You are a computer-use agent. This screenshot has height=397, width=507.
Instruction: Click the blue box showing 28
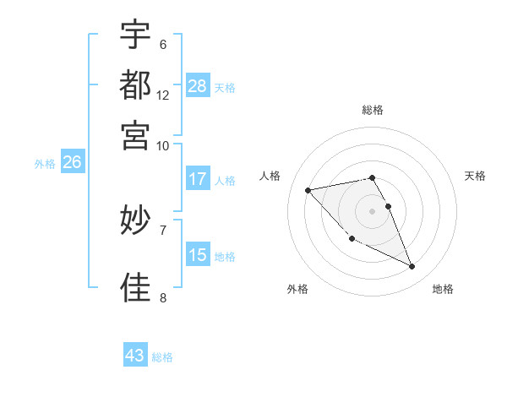197,86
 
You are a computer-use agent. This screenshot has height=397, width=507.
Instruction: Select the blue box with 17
197,179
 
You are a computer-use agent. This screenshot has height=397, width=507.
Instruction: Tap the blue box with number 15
197,255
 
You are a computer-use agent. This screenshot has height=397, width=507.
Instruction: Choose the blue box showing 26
72,163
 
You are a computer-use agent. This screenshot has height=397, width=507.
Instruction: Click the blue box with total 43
135,356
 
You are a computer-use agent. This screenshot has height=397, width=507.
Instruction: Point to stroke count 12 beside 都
163,95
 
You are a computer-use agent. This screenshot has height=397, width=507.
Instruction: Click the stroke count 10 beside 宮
163,144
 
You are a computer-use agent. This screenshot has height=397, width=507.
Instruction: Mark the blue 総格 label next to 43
162,357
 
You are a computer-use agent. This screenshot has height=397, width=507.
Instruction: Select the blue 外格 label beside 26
44,165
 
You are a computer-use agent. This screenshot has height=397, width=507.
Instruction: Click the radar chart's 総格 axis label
373,110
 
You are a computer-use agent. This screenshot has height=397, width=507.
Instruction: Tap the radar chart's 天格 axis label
475,176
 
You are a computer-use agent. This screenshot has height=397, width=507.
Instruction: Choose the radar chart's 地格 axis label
443,289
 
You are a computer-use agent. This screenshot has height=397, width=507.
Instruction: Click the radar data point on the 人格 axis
308,189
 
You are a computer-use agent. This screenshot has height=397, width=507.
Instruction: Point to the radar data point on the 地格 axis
412,267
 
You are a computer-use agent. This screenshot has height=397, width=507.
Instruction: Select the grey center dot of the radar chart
373,210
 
